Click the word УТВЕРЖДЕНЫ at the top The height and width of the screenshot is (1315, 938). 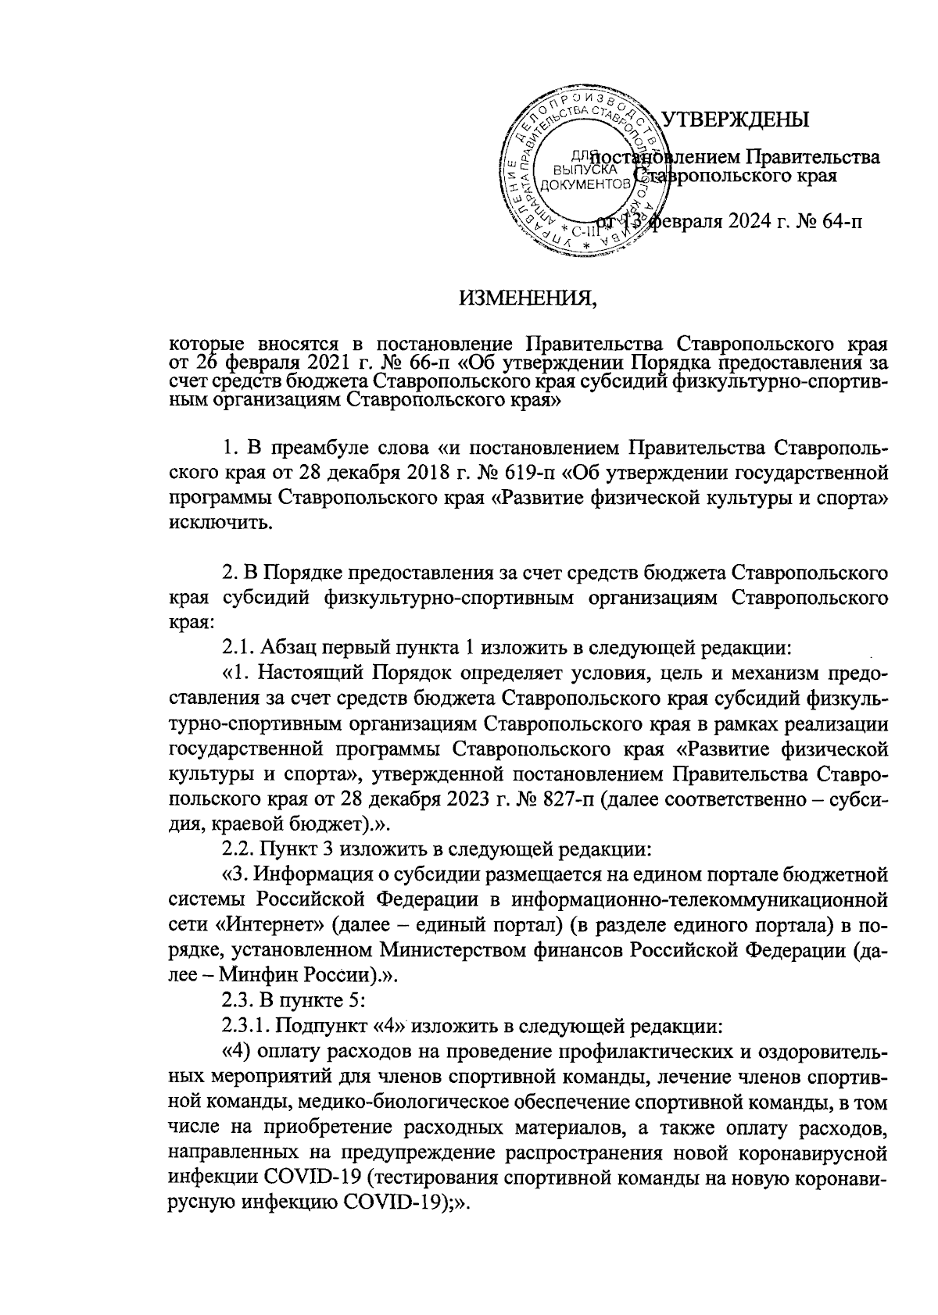pyautogui.click(x=735, y=119)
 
